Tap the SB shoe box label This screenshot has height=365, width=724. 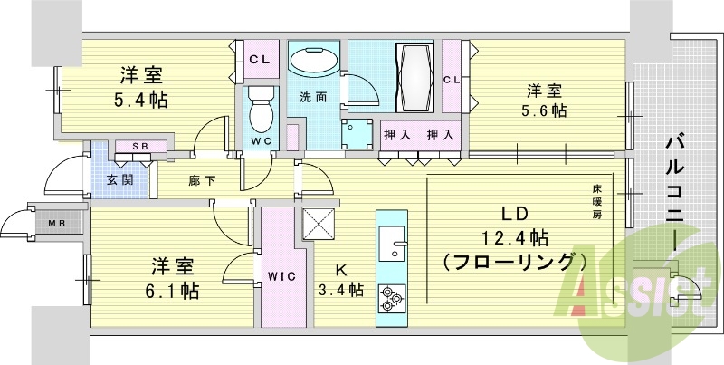point(139,146)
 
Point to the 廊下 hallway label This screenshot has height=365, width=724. point(202,179)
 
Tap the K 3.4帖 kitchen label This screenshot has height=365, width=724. point(341,281)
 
